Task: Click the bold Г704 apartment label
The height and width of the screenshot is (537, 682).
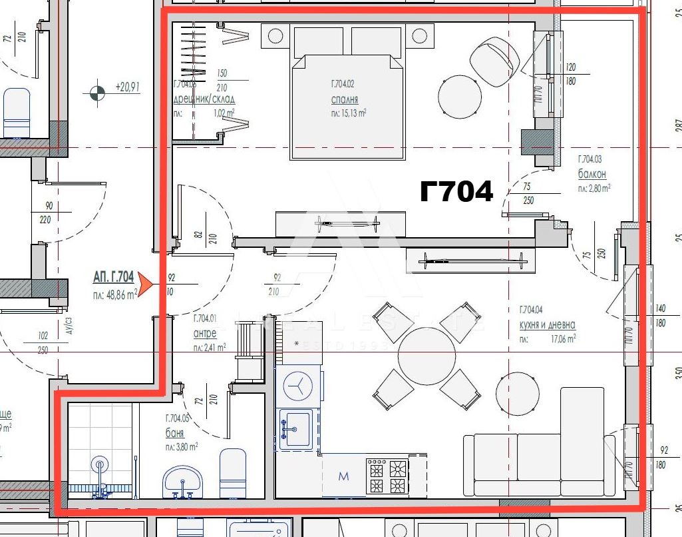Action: [456, 192]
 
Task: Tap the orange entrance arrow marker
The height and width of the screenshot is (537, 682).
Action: [146, 285]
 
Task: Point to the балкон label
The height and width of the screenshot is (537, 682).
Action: [592, 175]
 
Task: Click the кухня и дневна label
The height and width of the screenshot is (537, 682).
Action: [547, 325]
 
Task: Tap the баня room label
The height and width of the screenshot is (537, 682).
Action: [174, 433]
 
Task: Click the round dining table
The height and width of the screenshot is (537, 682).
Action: [426, 356]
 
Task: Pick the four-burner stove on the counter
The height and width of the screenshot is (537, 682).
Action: [387, 476]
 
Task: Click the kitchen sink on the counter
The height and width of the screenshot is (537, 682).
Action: [295, 426]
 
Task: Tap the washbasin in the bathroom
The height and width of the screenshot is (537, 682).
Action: [182, 480]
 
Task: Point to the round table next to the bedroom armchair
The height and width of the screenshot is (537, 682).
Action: [459, 97]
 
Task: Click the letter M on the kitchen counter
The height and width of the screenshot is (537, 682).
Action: [343, 476]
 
